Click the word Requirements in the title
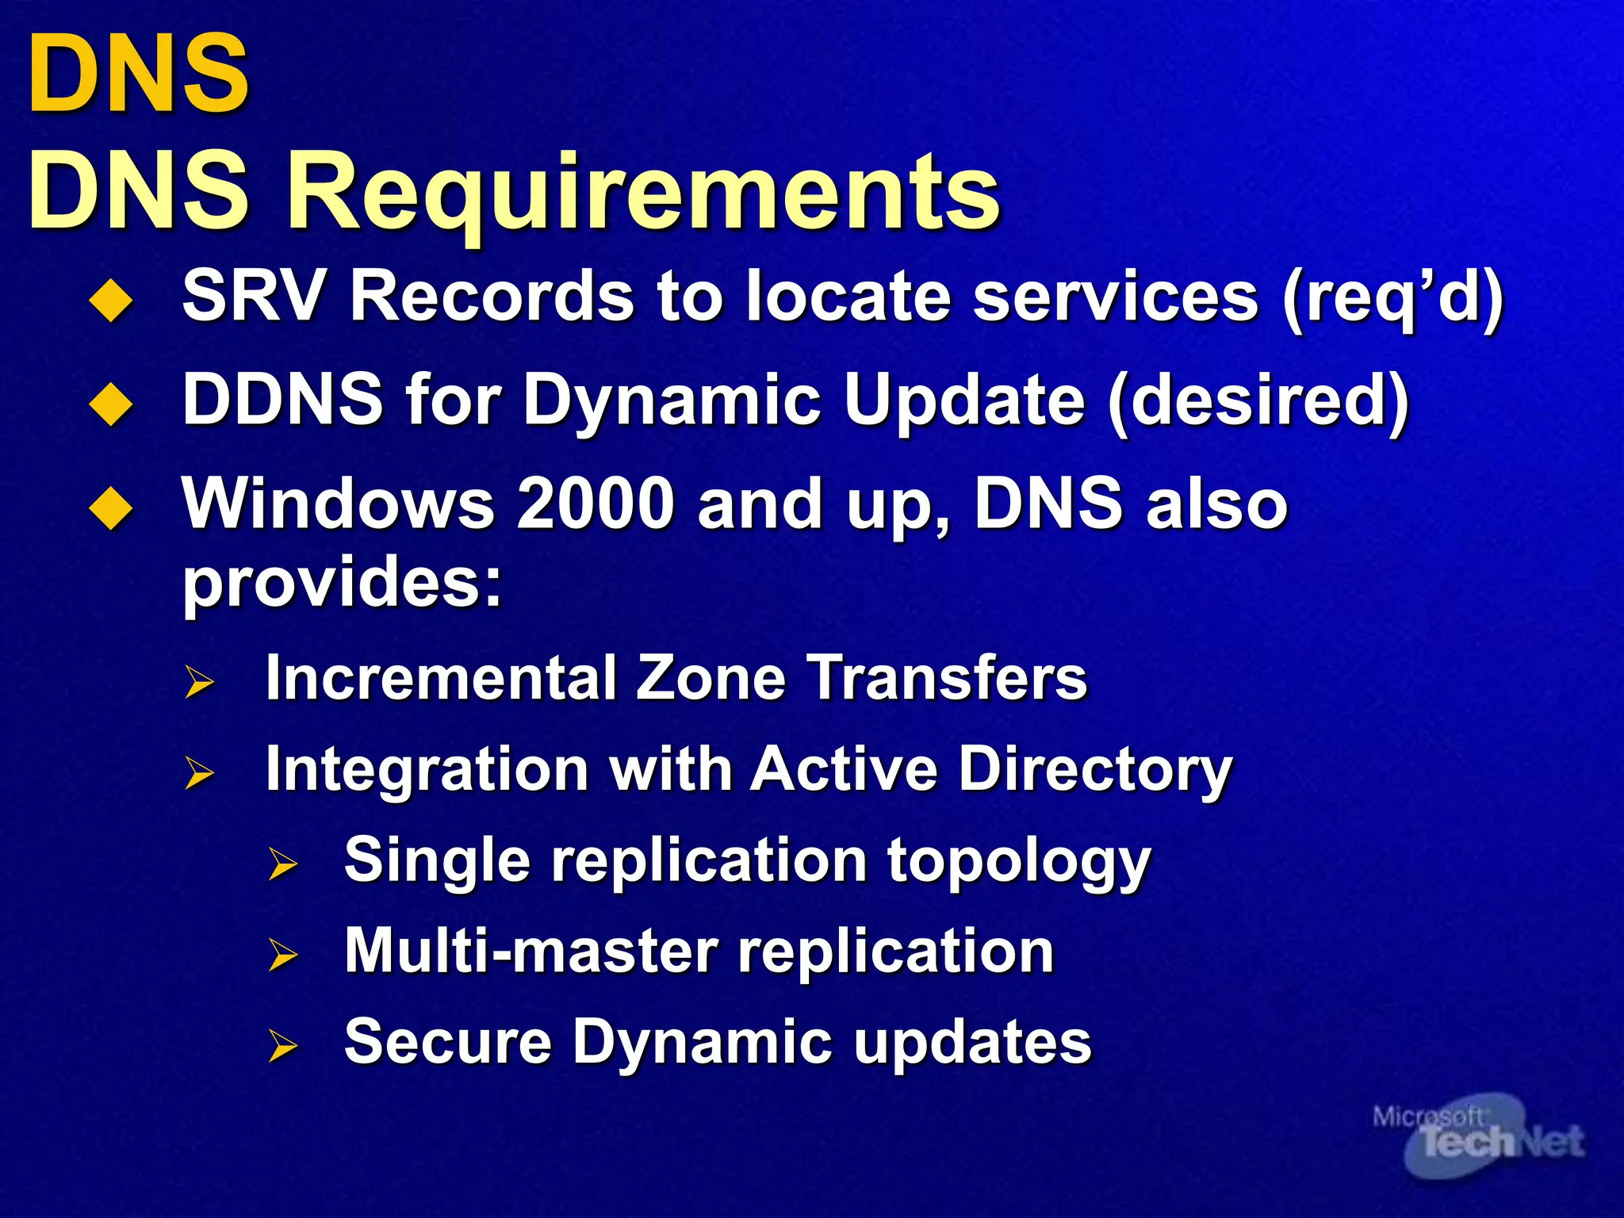pyautogui.click(x=642, y=194)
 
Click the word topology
pyautogui.click(x=1018, y=862)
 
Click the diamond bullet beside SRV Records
pyautogui.click(x=111, y=301)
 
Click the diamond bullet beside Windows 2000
pyautogui.click(x=111, y=509)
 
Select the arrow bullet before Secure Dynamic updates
pyautogui.click(x=282, y=1046)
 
